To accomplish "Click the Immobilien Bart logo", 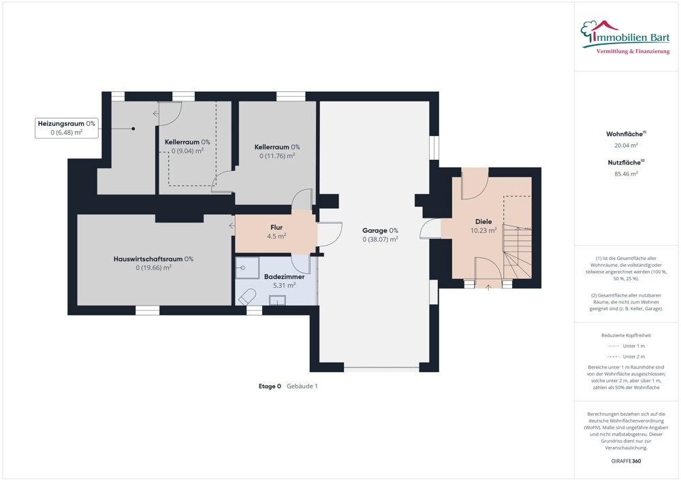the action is tap(625, 37).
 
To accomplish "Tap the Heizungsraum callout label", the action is tap(67, 128).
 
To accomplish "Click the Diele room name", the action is tap(484, 221).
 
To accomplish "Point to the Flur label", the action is tap(276, 227).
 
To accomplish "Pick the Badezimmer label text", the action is tap(284, 276).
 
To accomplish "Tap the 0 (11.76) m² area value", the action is tap(277, 156).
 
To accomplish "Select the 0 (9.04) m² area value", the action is tap(187, 151).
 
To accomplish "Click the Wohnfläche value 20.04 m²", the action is tap(626, 146).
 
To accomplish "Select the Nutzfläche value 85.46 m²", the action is tap(626, 173).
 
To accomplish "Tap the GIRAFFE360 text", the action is tap(626, 461).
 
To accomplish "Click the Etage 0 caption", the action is tap(270, 386).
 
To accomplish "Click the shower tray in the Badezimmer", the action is tap(247, 267).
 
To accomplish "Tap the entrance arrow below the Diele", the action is tap(488, 287).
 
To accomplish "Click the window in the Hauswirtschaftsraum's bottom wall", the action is tap(147, 310).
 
